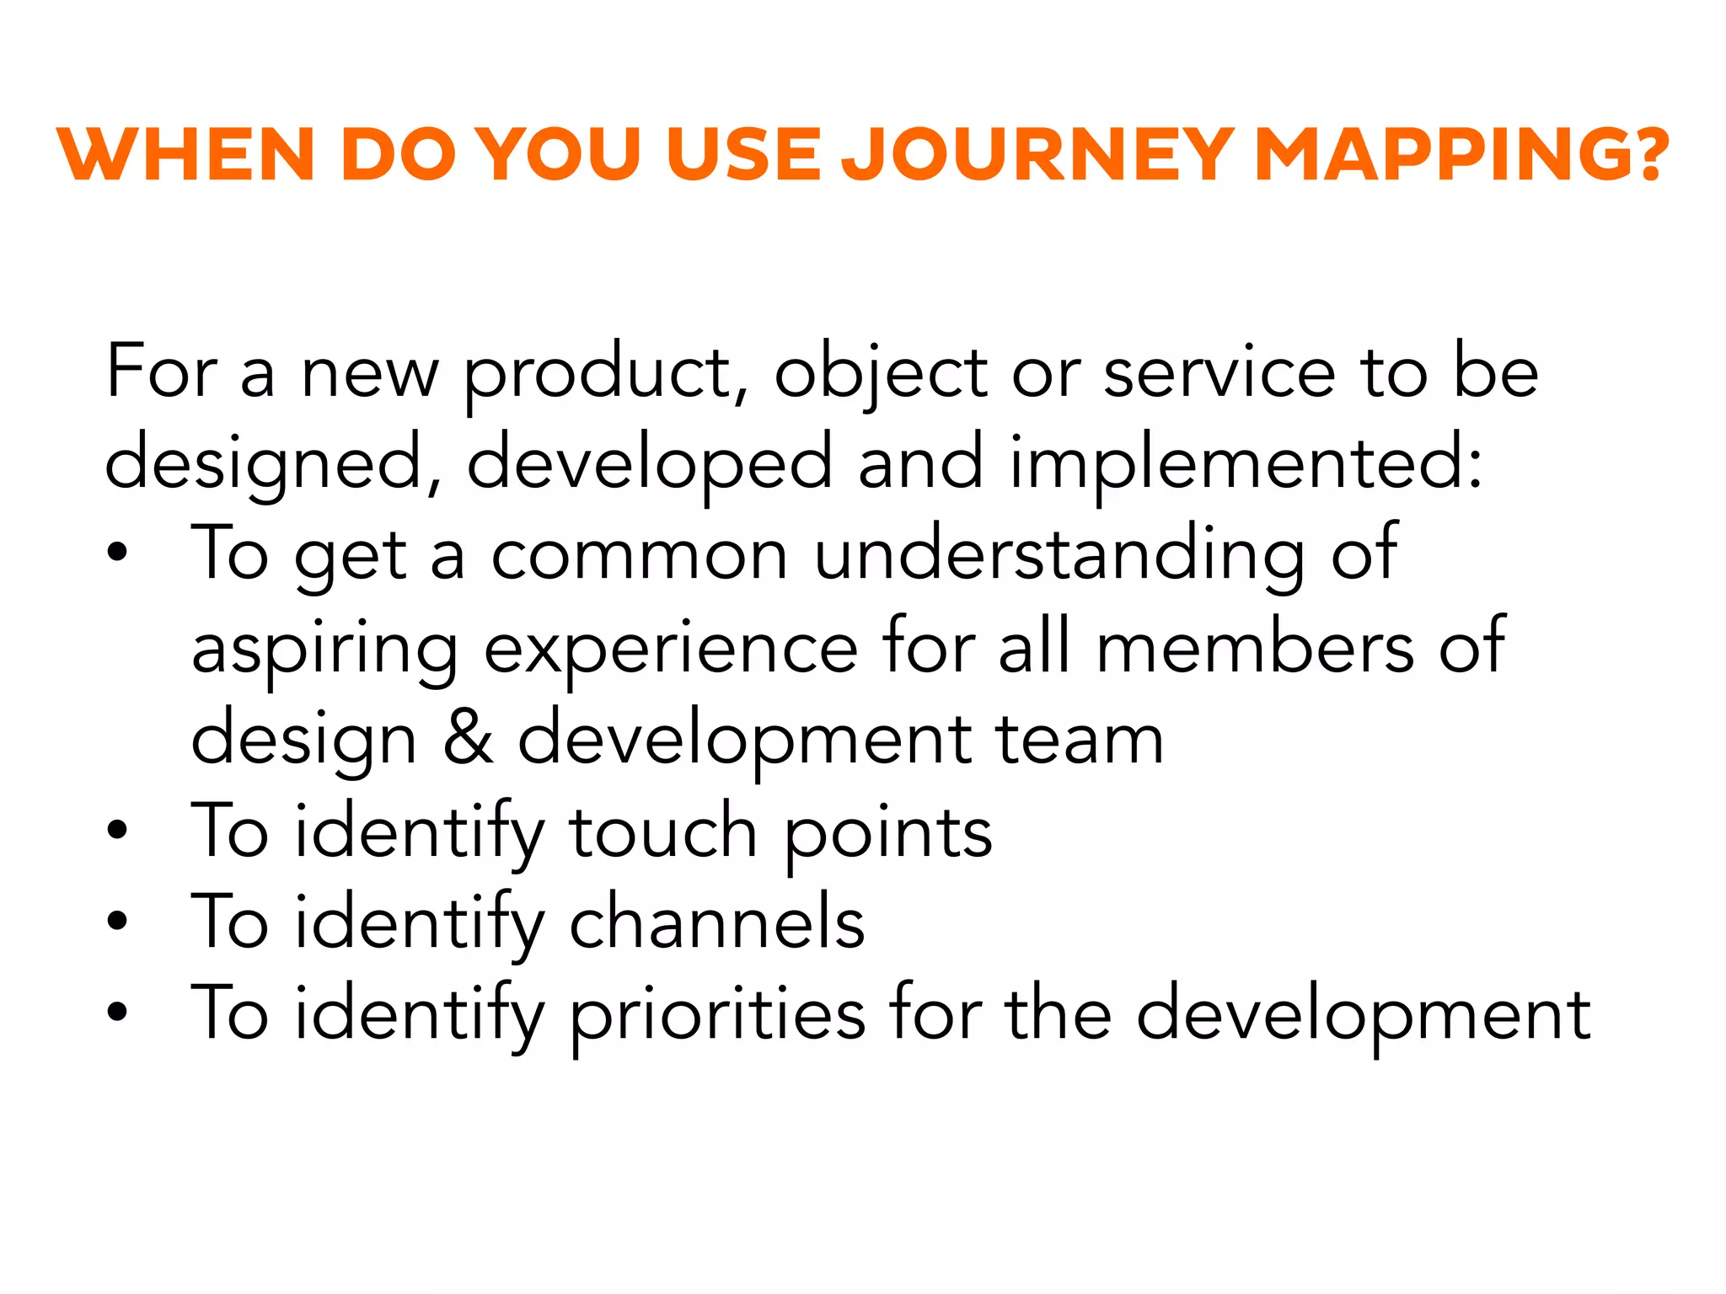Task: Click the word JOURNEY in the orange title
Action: click(1038, 155)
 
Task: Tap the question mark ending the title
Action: click(1646, 155)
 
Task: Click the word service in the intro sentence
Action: click(1219, 372)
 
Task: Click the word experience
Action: click(671, 649)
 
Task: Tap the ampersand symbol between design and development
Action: click(469, 740)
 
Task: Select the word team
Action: click(1080, 740)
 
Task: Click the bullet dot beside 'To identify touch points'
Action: click(117, 831)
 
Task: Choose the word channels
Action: click(717, 922)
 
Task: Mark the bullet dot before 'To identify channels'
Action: click(117, 922)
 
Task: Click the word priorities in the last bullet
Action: click(717, 1015)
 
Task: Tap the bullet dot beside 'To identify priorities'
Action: click(117, 1013)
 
